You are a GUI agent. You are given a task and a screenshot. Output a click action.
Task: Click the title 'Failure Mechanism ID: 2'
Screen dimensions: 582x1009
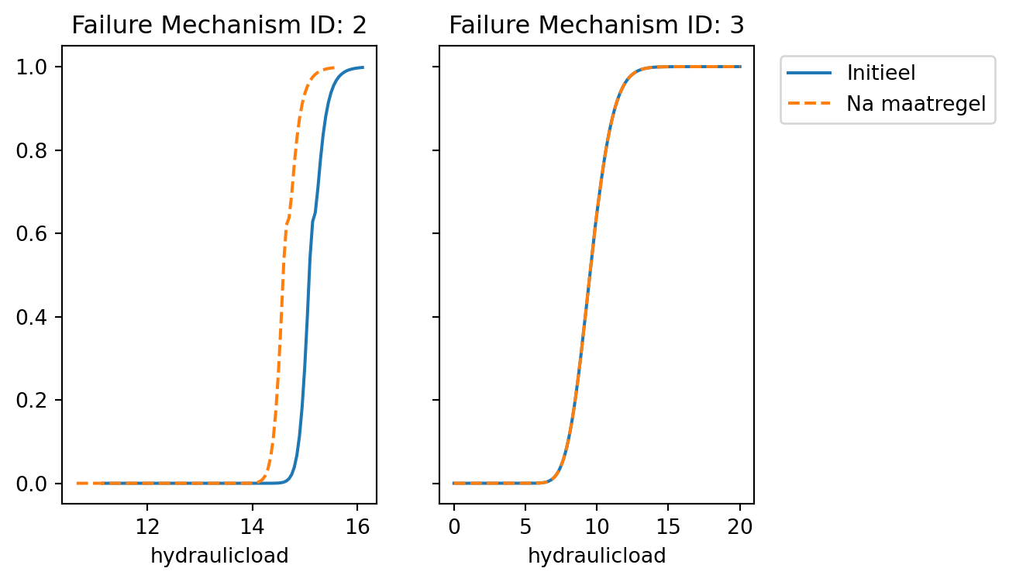(x=219, y=26)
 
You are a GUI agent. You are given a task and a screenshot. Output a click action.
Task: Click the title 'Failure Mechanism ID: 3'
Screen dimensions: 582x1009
(x=596, y=26)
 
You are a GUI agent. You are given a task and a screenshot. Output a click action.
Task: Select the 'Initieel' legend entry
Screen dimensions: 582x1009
(x=881, y=73)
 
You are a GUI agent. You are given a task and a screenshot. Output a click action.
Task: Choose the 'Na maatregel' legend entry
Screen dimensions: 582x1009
(x=915, y=104)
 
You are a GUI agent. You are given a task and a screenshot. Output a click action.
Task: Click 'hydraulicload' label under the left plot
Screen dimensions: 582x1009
(x=219, y=556)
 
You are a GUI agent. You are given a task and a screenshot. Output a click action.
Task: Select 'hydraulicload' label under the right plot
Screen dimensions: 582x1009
(x=597, y=556)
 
